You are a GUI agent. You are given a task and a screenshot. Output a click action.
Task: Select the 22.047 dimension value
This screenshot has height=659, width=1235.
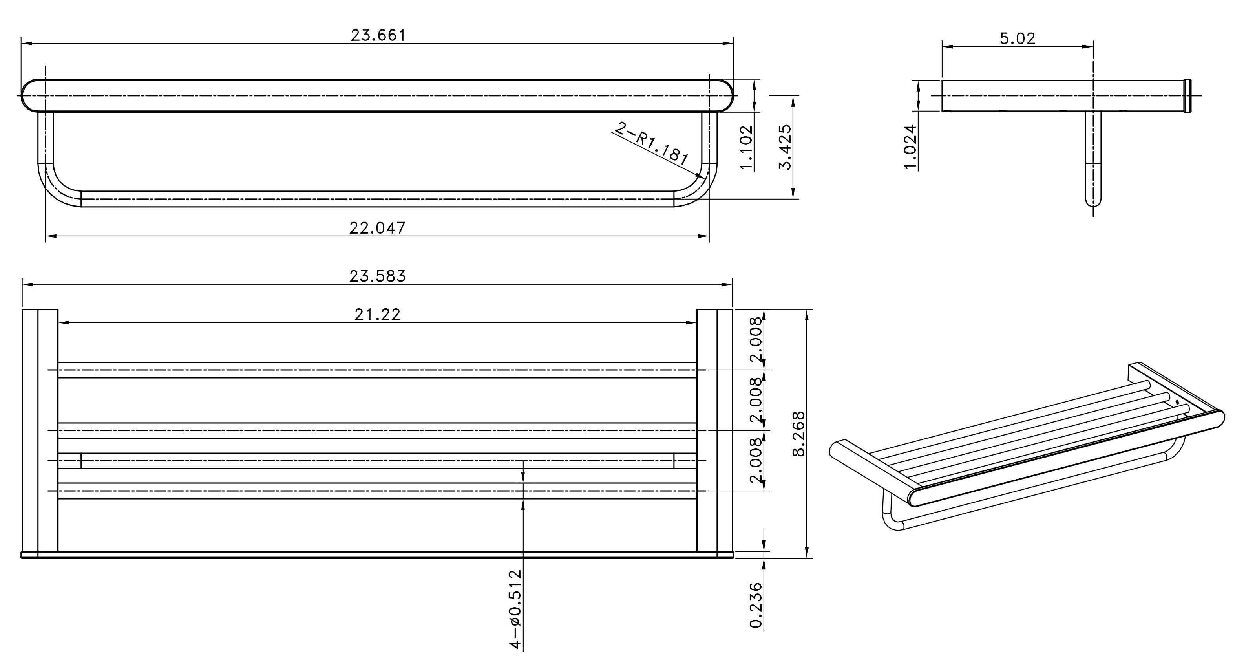coord(377,228)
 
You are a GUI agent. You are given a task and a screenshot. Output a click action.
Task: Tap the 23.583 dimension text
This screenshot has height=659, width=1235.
coord(377,276)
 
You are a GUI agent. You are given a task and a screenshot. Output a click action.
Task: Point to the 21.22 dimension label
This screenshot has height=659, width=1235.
coord(377,315)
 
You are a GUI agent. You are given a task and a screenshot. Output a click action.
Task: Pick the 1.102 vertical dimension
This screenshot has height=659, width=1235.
coord(747,147)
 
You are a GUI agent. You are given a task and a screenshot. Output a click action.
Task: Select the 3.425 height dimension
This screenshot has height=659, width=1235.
coord(785,147)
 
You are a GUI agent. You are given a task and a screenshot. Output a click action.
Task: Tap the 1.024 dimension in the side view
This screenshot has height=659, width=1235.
coord(910,147)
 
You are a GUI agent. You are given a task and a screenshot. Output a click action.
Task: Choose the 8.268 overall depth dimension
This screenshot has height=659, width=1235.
coord(799,434)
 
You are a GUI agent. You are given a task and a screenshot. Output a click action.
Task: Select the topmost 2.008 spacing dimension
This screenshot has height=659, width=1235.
coord(756,340)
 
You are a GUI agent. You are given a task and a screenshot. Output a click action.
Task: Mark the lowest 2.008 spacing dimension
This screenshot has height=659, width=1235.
coord(756,460)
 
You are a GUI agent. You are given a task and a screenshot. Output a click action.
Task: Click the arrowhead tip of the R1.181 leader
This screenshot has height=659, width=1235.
coord(704,178)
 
